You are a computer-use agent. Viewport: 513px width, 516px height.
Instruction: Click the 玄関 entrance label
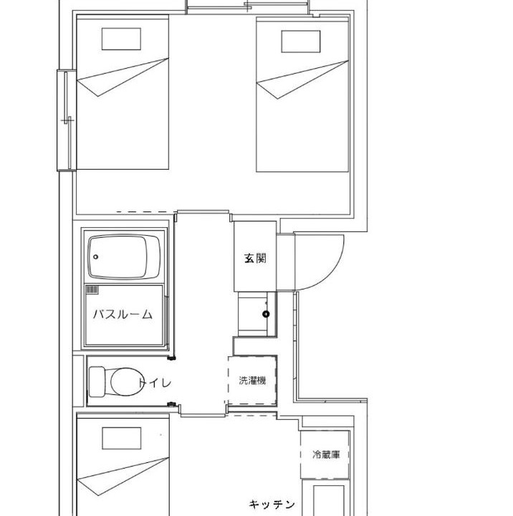[x=255, y=258]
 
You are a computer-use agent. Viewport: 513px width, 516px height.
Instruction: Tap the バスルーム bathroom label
[x=123, y=315]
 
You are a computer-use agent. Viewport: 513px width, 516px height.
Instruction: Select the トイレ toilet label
[x=155, y=383]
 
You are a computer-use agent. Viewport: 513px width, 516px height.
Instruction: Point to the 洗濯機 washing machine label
[x=252, y=381]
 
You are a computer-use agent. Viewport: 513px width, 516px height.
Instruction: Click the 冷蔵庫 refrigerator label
[x=326, y=455]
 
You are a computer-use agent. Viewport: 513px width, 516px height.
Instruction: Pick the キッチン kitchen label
[x=272, y=504]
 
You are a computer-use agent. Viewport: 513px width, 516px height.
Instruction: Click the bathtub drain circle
[x=96, y=257]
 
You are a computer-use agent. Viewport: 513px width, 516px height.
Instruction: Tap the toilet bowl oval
[x=127, y=382]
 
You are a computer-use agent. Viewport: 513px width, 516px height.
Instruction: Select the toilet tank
[x=97, y=382]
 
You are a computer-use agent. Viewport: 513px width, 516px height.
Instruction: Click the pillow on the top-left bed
[x=121, y=39]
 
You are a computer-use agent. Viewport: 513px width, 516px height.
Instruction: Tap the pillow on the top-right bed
[x=301, y=42]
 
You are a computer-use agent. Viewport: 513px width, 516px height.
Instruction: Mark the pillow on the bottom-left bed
[x=121, y=438]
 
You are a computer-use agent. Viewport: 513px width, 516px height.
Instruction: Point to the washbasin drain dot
[x=266, y=314]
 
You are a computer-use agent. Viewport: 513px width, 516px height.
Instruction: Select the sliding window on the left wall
[x=67, y=120]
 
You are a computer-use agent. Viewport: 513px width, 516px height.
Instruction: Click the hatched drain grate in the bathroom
[x=92, y=290]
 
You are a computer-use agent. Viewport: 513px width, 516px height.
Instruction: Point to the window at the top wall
[x=247, y=7]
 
